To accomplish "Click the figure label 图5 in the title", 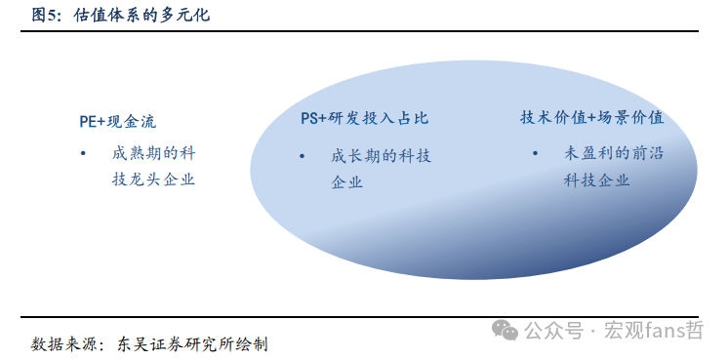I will pyautogui.click(x=44, y=15).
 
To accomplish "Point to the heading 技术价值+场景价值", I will pyautogui.click(x=592, y=117).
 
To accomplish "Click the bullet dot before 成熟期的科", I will pyautogui.click(x=85, y=153).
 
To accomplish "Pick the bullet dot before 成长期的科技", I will pyautogui.click(x=303, y=156).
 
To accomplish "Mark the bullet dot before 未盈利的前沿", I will pyautogui.click(x=536, y=153).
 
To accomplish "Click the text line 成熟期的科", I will pyautogui.click(x=154, y=153).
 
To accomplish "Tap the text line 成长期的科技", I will pyautogui.click(x=382, y=156).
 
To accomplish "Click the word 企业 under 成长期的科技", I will pyautogui.click(x=347, y=182).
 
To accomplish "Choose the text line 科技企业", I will pyautogui.click(x=596, y=180).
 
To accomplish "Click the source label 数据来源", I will pyautogui.click(x=63, y=343).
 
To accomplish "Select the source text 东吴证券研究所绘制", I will pyautogui.click(x=193, y=343).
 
